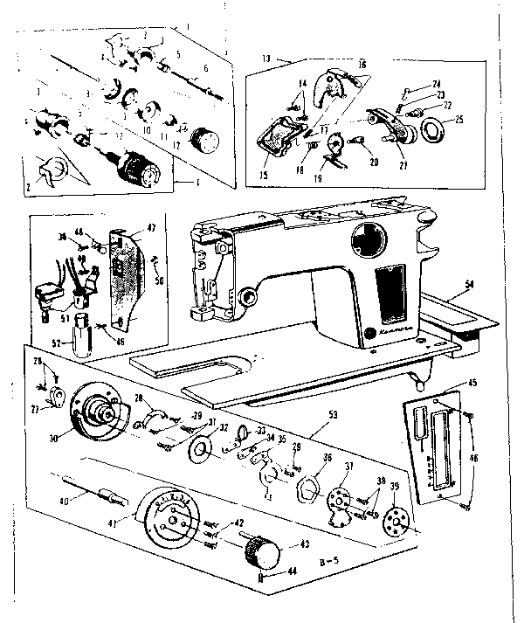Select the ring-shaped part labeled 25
(x=433, y=131)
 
